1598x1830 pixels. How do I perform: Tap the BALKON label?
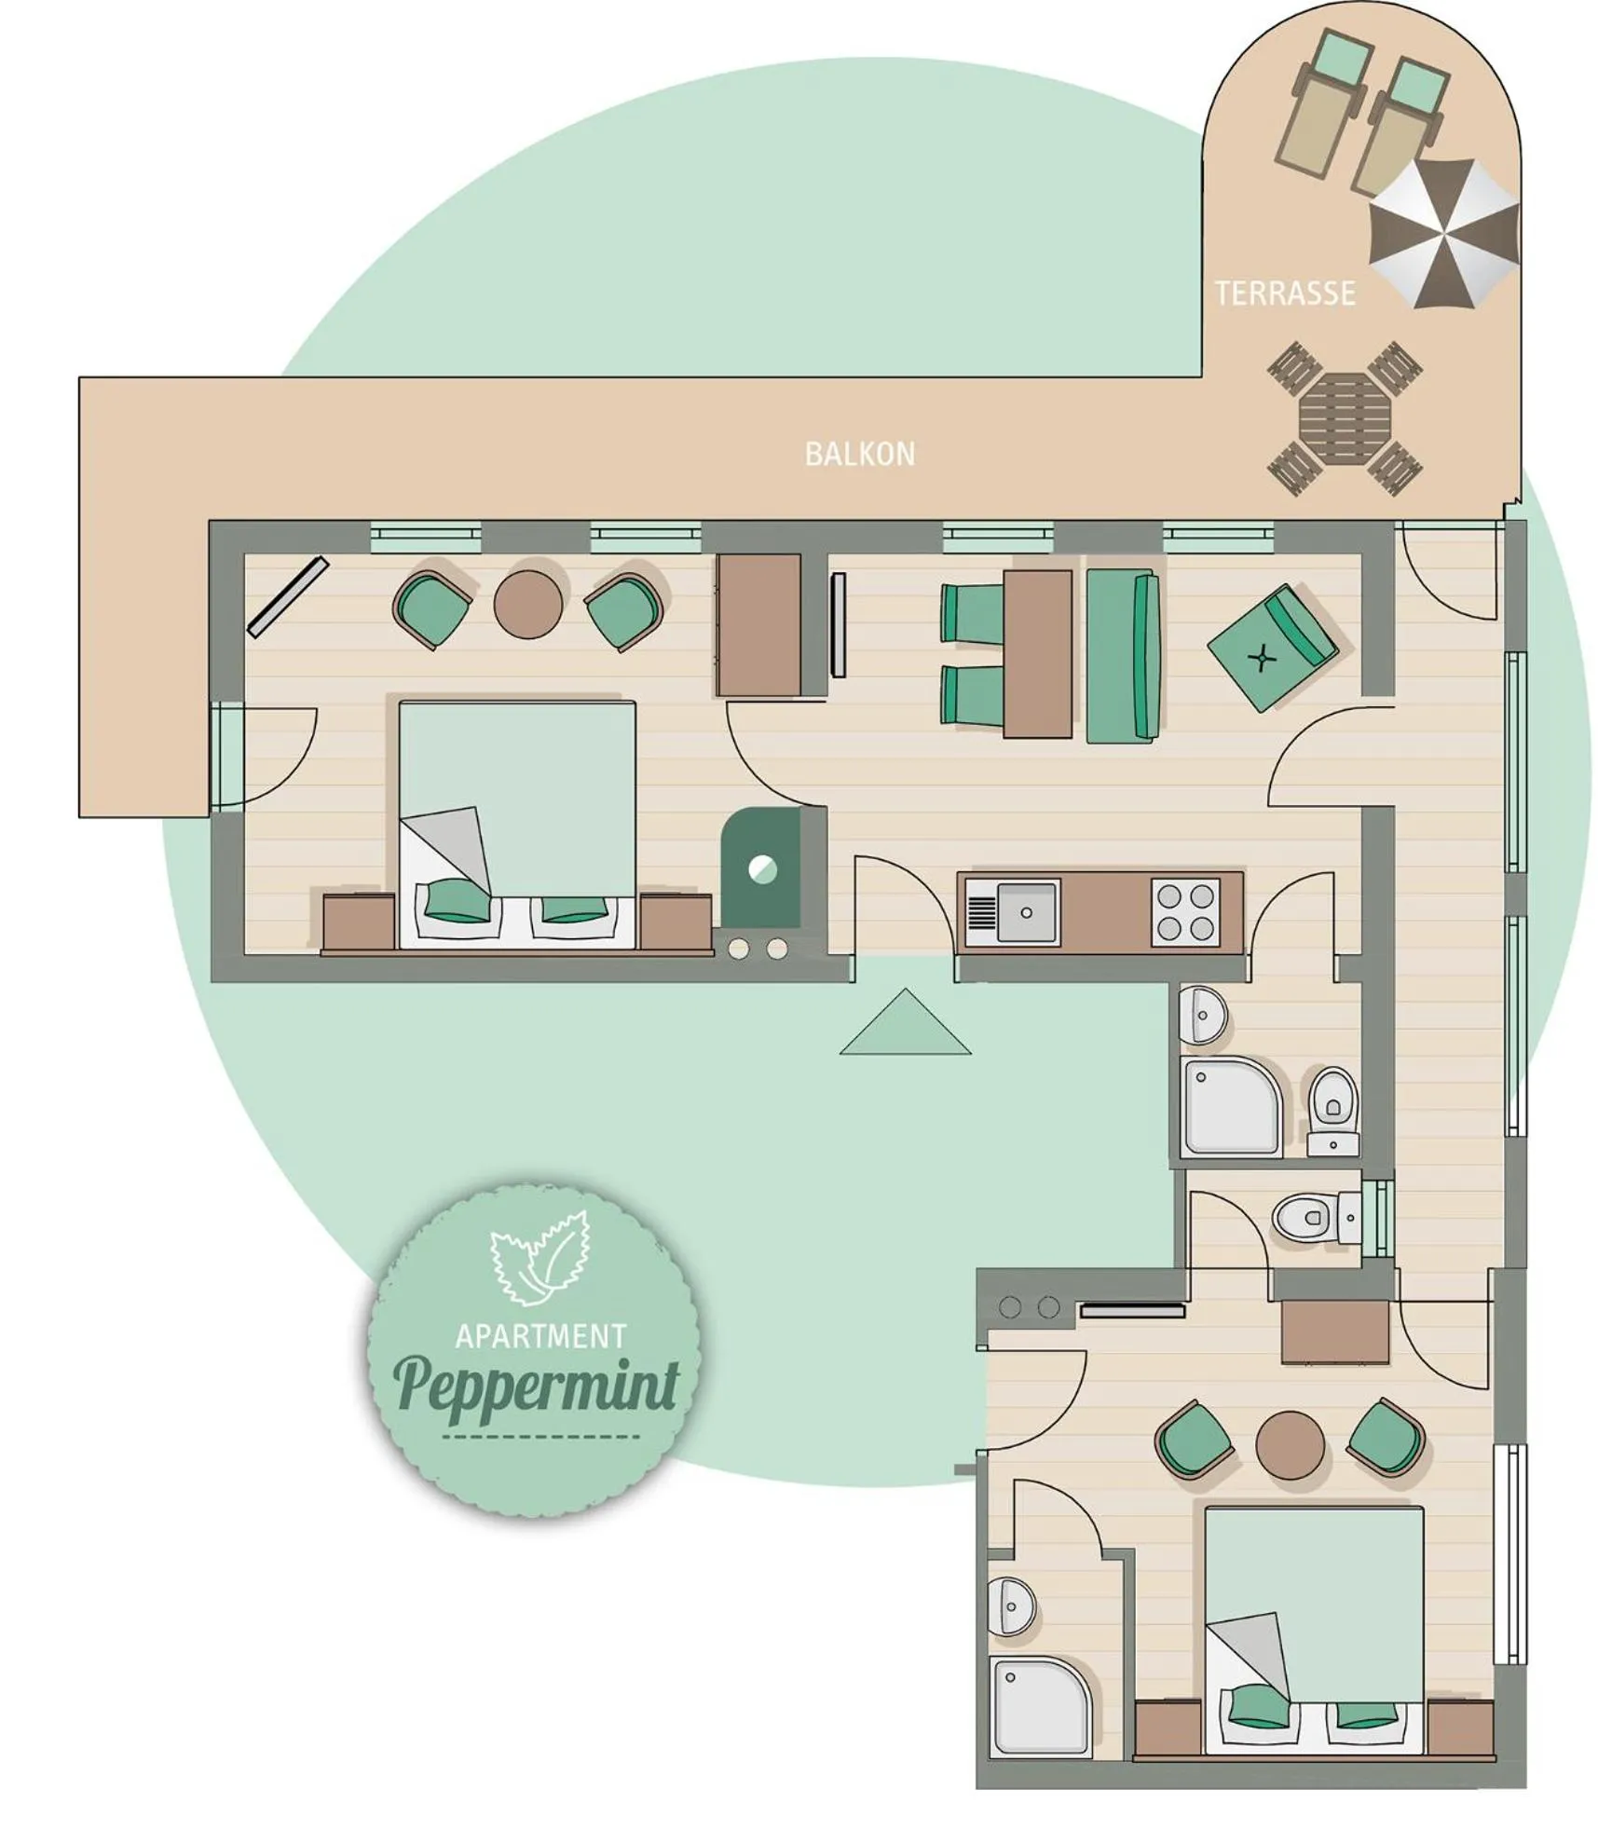click(859, 454)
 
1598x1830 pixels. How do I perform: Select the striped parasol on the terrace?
click(1443, 233)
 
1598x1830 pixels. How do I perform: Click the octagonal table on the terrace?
click(1344, 418)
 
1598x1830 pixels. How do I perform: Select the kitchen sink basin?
click(1026, 912)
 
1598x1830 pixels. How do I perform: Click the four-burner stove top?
click(1185, 913)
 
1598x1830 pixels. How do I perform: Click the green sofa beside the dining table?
click(1123, 657)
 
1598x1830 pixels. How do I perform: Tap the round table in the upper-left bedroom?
click(528, 605)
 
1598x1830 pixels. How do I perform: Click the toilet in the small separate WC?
click(1316, 1217)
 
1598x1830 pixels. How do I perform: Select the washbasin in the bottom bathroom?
click(1011, 1605)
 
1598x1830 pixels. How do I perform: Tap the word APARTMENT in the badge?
click(540, 1337)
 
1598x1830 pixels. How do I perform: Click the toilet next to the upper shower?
click(1333, 1111)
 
